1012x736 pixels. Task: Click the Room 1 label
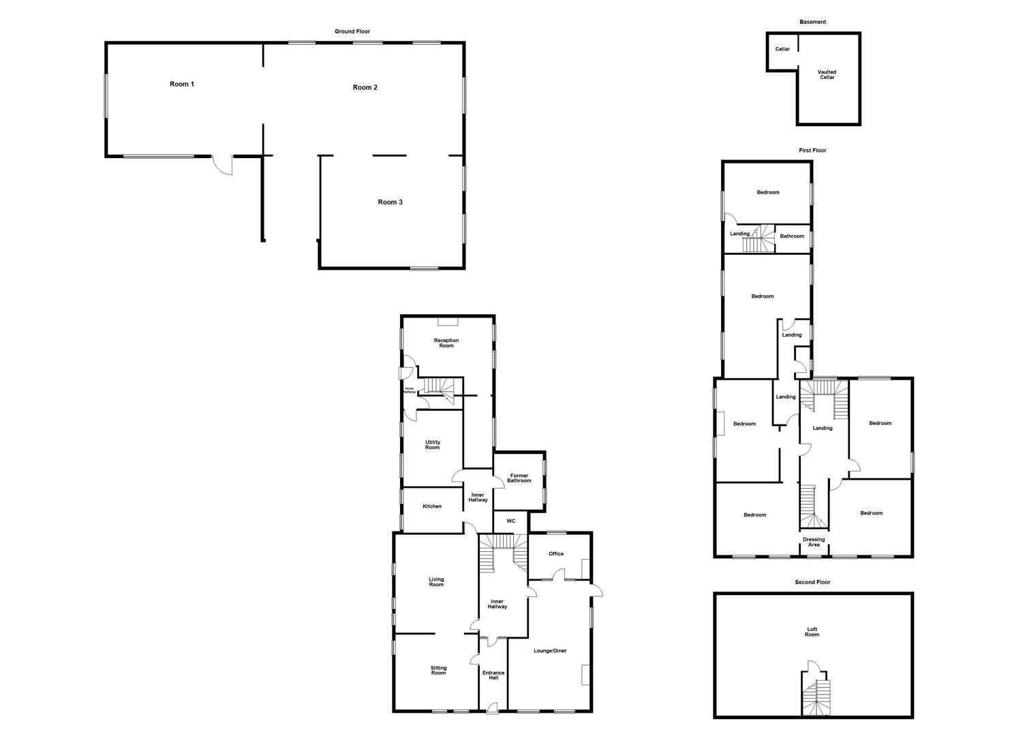tap(182, 85)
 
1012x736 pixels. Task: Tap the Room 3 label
tap(390, 202)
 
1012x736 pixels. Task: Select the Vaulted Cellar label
tap(827, 74)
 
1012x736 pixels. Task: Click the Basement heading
tap(812, 22)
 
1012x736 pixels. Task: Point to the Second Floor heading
tap(812, 583)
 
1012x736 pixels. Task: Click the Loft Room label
tap(812, 632)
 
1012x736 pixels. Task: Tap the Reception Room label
tap(446, 343)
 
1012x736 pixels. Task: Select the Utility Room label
tap(432, 445)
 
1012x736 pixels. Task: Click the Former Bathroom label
tap(519, 478)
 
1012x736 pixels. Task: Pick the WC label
tap(510, 521)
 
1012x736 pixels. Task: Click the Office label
tap(556, 554)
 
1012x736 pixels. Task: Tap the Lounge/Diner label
tap(550, 651)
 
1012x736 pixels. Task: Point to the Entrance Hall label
tap(493, 675)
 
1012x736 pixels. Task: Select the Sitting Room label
tap(438, 671)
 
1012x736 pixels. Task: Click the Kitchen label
tap(432, 506)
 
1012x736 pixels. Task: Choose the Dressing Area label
tap(814, 542)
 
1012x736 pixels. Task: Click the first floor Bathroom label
tap(792, 236)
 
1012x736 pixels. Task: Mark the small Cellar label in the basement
tap(782, 49)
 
